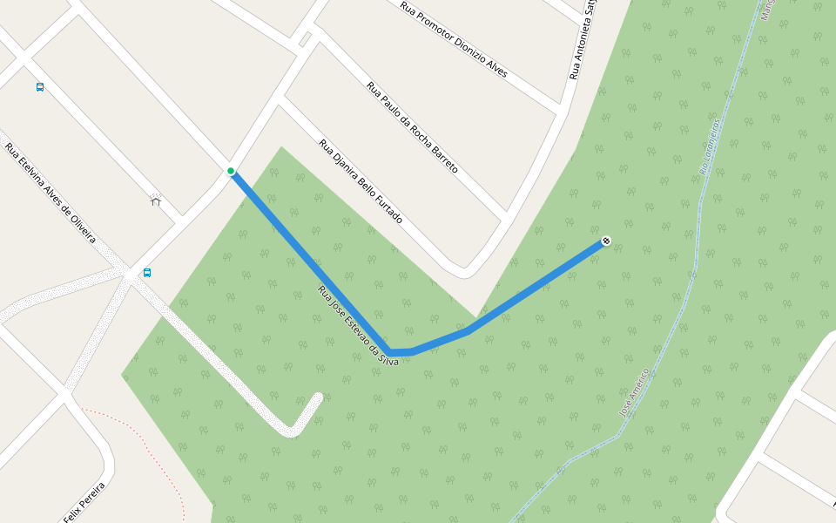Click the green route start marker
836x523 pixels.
[x=231, y=171]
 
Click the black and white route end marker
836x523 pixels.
[x=606, y=241]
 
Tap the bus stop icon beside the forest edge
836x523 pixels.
[x=147, y=273]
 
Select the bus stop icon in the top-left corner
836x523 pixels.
[x=40, y=87]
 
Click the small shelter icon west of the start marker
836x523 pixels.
[x=156, y=200]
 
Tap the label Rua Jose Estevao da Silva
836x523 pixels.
[x=358, y=326]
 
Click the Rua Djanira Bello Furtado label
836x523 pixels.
[x=361, y=181]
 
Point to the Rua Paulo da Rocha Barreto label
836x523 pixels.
[x=412, y=127]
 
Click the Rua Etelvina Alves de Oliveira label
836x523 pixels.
[x=51, y=194]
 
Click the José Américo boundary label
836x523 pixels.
[x=635, y=391]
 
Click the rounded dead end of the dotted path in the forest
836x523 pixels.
[x=317, y=398]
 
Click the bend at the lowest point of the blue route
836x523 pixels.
[x=394, y=352]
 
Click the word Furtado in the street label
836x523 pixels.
[x=389, y=210]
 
